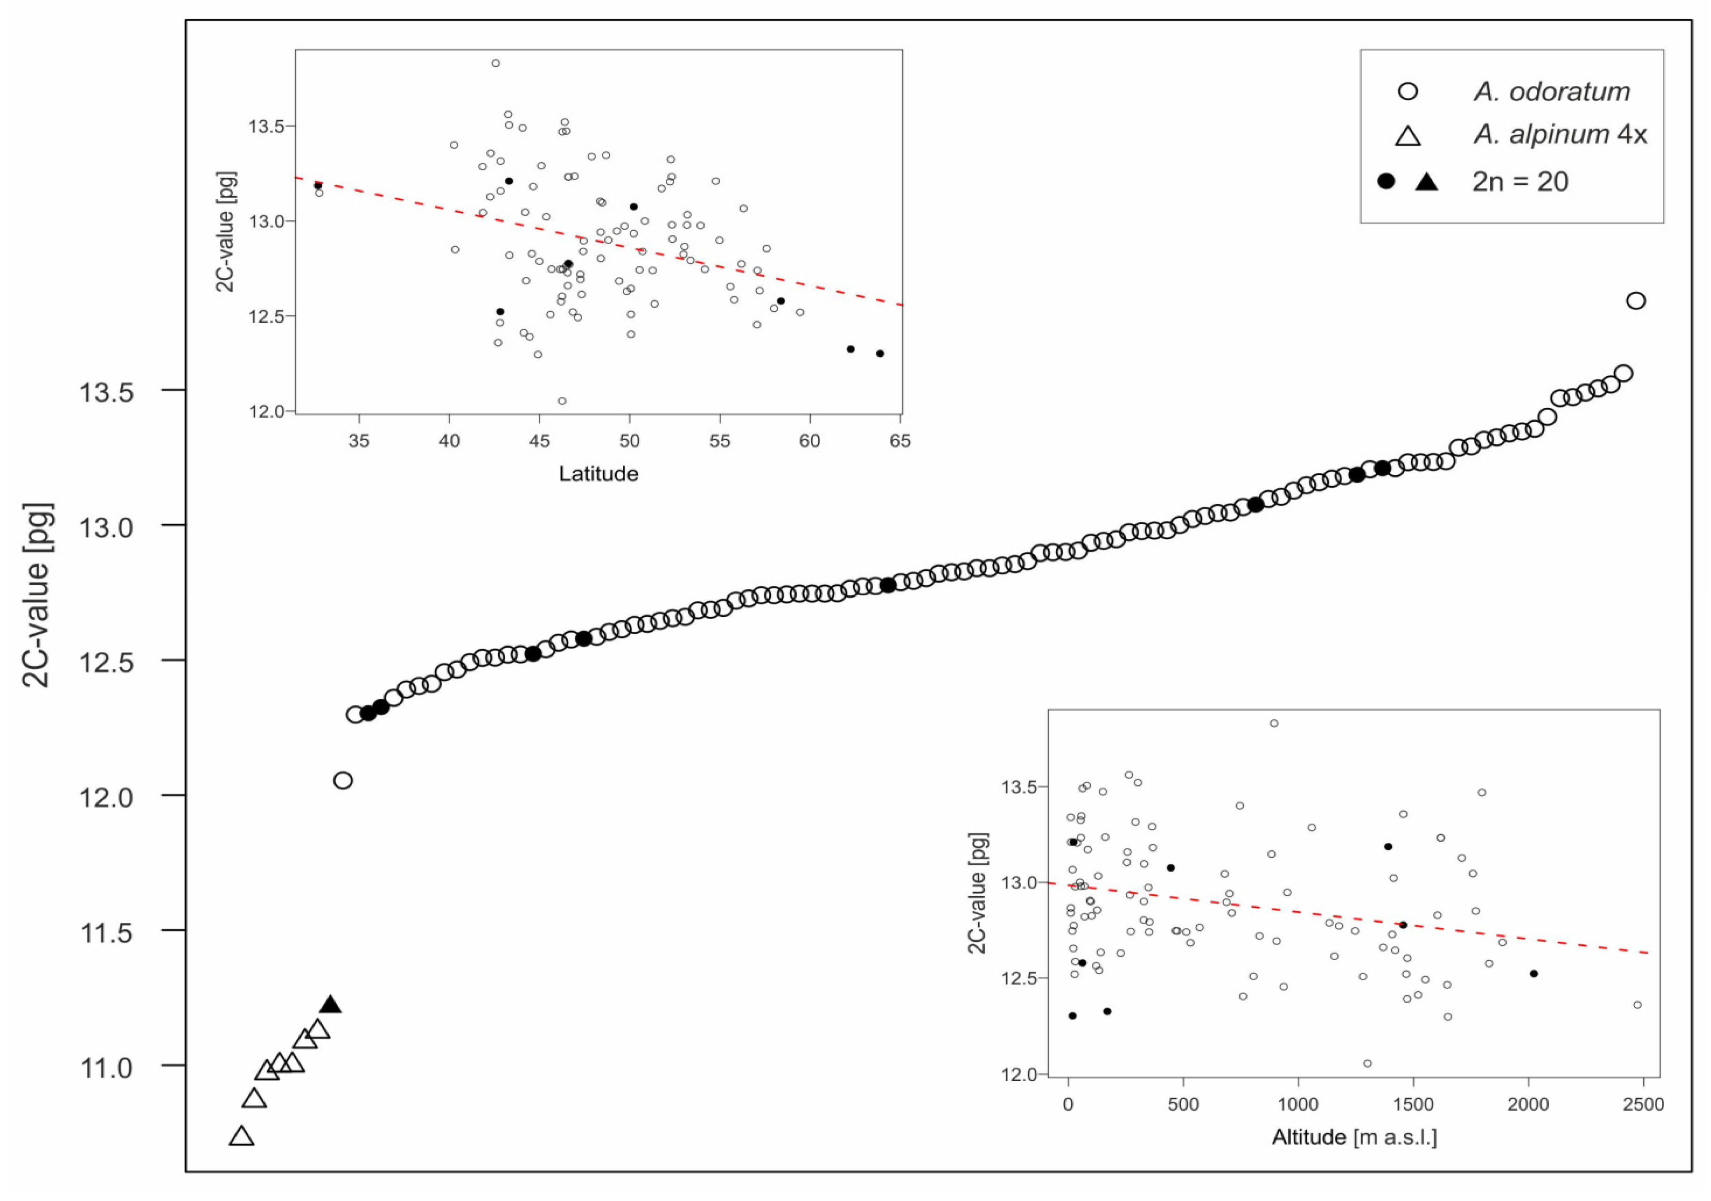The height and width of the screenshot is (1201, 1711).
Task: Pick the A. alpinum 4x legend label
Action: [x=1559, y=135]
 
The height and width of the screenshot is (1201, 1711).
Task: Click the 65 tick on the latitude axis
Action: [x=900, y=441]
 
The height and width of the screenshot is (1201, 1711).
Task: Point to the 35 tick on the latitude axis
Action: [x=359, y=441]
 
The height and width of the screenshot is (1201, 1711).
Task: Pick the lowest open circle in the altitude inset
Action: [x=1367, y=1064]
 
